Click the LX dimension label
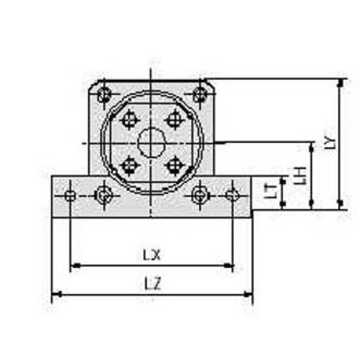point(152,256)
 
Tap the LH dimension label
point(302,175)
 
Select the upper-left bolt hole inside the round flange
point(129,120)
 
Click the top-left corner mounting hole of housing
point(104,94)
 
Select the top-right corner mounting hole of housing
point(199,94)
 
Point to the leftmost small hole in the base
point(70,196)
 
